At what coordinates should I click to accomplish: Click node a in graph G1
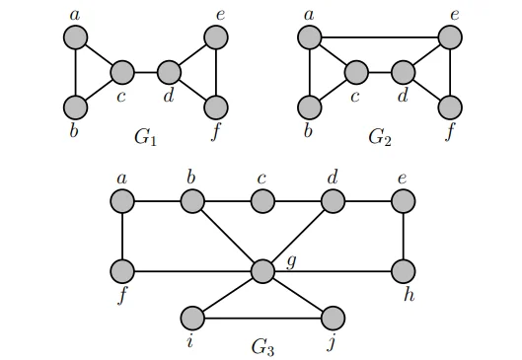click(76, 37)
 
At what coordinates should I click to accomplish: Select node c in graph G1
click(122, 72)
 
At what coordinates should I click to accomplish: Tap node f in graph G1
click(216, 107)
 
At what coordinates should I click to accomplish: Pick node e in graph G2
click(451, 37)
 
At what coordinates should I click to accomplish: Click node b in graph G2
click(310, 107)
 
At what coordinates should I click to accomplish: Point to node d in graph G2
click(404, 72)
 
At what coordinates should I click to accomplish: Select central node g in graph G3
click(262, 270)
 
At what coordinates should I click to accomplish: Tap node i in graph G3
click(192, 318)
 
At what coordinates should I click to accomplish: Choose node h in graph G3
click(404, 270)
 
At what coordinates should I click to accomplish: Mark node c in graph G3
click(262, 201)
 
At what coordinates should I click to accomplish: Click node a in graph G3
click(122, 201)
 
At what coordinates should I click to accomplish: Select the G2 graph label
click(380, 135)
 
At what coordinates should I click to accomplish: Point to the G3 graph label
click(262, 345)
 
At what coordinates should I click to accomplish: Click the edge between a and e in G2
click(380, 37)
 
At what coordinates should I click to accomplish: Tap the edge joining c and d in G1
click(146, 72)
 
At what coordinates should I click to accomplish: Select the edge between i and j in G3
click(262, 318)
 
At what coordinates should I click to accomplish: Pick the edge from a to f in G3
click(122, 236)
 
